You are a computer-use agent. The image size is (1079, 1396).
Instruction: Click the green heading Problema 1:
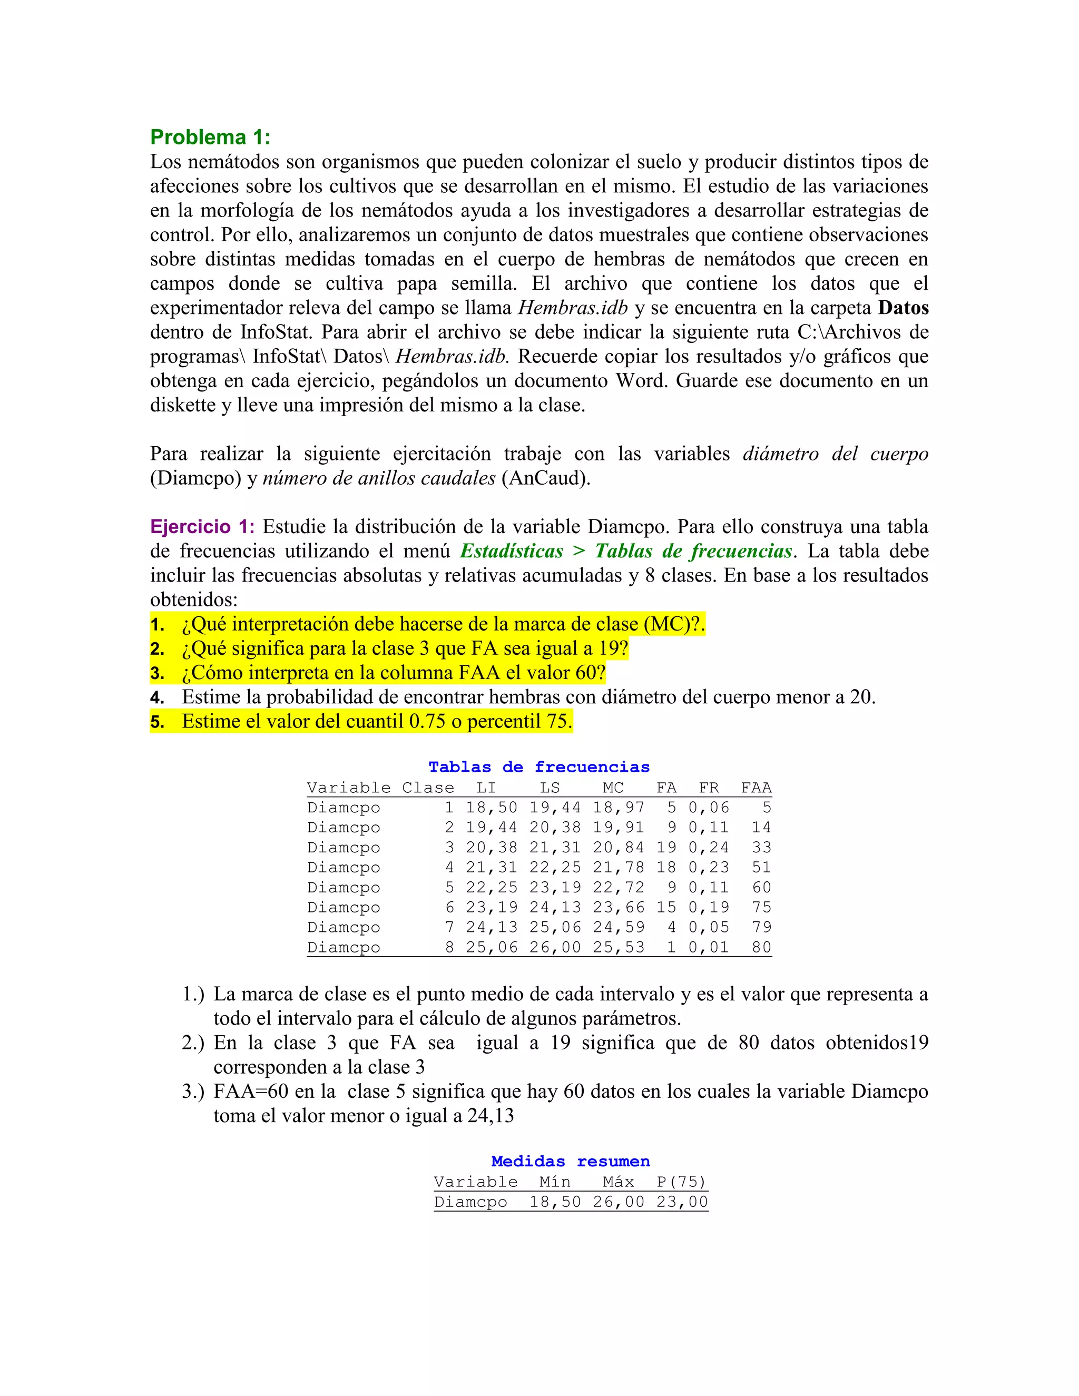(x=210, y=137)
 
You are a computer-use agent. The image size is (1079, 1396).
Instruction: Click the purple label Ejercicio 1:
(x=202, y=527)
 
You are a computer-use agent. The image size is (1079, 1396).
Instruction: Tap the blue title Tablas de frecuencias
(x=539, y=767)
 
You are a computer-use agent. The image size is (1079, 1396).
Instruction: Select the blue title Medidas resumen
(x=570, y=1162)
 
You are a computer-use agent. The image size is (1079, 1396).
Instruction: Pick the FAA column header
(x=756, y=788)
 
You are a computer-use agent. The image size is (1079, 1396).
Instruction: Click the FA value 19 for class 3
(x=666, y=848)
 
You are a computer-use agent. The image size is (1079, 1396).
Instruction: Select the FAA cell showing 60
(x=761, y=887)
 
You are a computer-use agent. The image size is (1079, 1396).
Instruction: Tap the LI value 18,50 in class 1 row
(x=491, y=807)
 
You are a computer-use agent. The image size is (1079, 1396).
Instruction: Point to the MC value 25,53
(x=618, y=947)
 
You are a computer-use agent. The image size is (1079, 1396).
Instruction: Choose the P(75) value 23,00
(x=682, y=1202)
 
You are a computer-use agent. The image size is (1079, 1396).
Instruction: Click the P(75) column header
(x=681, y=1182)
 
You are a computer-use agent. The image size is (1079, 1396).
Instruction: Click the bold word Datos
(x=903, y=308)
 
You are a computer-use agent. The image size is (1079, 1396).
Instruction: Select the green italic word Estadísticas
(x=512, y=551)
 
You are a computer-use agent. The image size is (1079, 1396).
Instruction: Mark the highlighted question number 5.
(x=157, y=722)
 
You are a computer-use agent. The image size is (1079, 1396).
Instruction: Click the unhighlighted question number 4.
(x=157, y=697)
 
